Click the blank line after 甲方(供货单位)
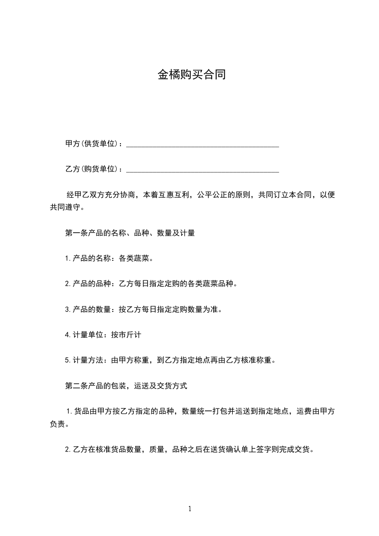pyautogui.click(x=202, y=145)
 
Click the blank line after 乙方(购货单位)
pyautogui.click(x=202, y=170)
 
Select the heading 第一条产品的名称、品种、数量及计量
pyautogui.click(x=130, y=234)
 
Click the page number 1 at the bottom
pyautogui.click(x=190, y=509)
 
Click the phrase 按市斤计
pyautogui.click(x=126, y=335)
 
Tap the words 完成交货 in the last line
pyautogui.click(x=294, y=449)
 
